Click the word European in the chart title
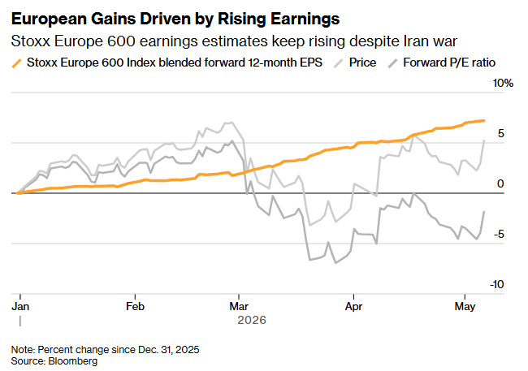tap(49, 19)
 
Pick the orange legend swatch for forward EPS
tap(16, 63)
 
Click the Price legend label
tap(362, 63)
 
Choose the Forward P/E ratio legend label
tap(449, 63)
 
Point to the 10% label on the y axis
tap(503, 83)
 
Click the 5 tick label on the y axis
tap(501, 134)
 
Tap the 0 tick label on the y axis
tap(500, 183)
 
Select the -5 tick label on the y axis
tap(499, 235)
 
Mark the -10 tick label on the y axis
tap(497, 285)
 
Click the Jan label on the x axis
tap(20, 306)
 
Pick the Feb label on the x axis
tap(135, 306)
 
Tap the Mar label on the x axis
tap(239, 306)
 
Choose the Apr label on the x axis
tap(353, 307)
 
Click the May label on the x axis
tap(465, 307)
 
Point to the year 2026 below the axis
tap(252, 320)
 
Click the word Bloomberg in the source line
tap(73, 361)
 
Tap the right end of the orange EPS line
tap(484, 120)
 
